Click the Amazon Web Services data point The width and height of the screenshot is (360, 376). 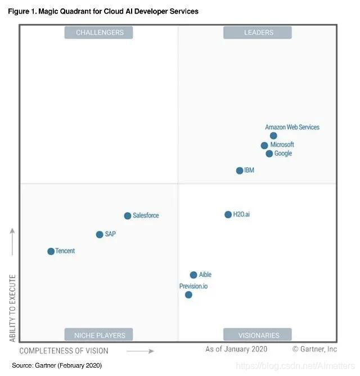273,136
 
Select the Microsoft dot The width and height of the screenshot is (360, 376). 264,145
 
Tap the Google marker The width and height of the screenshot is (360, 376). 269,154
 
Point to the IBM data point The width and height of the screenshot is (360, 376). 240,171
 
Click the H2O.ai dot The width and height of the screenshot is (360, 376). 228,214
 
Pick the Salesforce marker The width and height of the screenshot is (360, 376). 128,216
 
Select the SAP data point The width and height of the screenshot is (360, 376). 100,234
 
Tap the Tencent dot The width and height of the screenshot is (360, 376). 51,251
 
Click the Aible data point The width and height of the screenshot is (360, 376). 193,275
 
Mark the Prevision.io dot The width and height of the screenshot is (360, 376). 188,294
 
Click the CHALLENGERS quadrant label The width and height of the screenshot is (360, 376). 99,33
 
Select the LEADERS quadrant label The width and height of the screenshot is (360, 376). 258,33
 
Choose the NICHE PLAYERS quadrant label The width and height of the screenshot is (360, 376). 99,335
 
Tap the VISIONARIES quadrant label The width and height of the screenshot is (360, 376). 258,335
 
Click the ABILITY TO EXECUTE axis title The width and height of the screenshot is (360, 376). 13,308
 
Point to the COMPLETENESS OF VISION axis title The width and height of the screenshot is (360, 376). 64,351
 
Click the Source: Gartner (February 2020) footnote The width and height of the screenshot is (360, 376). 57,366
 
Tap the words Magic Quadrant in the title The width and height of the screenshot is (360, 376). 60,11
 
